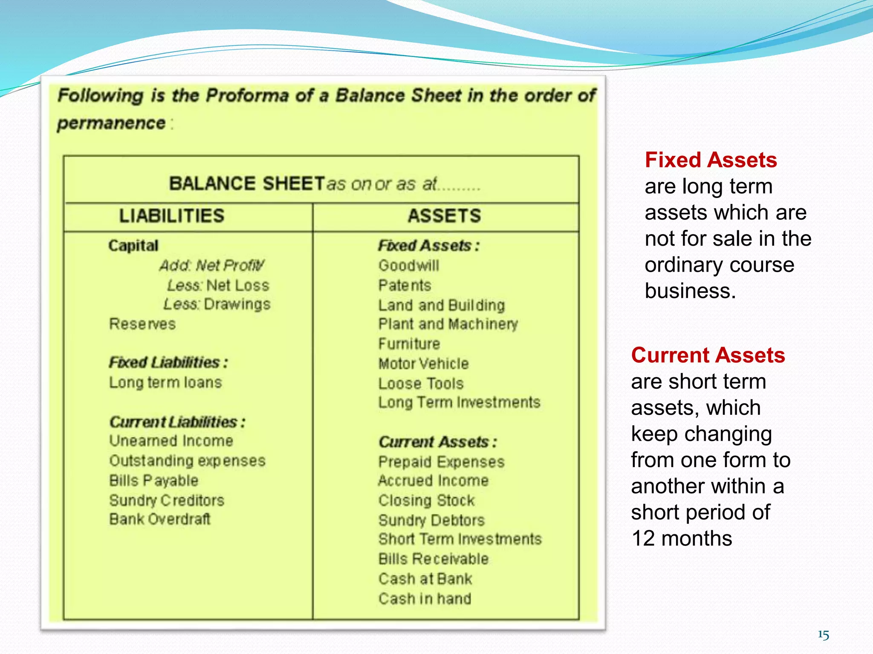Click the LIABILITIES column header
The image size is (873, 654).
(x=171, y=216)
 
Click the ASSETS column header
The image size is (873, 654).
(x=444, y=216)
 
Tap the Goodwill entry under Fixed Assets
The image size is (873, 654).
(x=408, y=266)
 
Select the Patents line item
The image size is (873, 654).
(x=405, y=285)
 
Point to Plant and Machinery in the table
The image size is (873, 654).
(x=448, y=324)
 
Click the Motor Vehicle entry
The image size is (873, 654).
(x=423, y=364)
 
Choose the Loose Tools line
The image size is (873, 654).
(x=421, y=384)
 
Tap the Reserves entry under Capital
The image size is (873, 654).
(x=142, y=324)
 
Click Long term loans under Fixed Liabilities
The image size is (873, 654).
(x=165, y=382)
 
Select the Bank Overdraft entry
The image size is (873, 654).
(x=160, y=519)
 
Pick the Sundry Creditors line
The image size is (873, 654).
(x=167, y=500)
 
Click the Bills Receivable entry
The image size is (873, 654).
(x=434, y=559)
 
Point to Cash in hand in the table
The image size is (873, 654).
(x=425, y=599)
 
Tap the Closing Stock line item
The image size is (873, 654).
(x=426, y=500)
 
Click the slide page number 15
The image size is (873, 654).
(x=823, y=635)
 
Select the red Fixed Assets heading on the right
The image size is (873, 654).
(x=711, y=160)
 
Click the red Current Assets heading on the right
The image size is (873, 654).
(x=708, y=355)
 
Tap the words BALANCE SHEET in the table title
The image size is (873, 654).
(x=247, y=184)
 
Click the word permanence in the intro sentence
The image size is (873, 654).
(x=111, y=123)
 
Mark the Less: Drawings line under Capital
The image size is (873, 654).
(x=217, y=304)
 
